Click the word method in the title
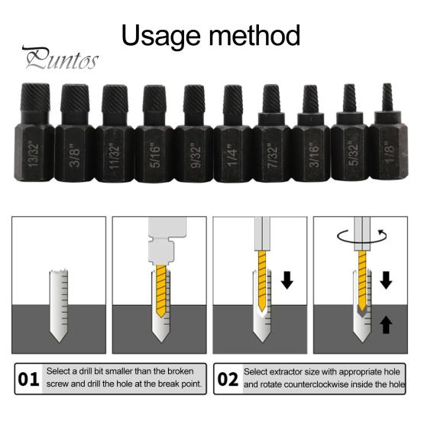(x=254, y=35)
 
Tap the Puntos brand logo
(x=60, y=58)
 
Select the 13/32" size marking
(x=34, y=154)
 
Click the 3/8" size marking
(x=74, y=157)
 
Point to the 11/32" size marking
(x=115, y=157)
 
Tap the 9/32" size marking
(x=195, y=157)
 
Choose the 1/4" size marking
(x=233, y=155)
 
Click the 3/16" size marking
(x=313, y=156)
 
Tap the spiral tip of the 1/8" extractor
(x=387, y=97)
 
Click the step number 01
(x=28, y=380)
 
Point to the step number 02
(x=228, y=380)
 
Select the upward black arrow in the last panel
(x=386, y=324)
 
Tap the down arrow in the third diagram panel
(x=287, y=280)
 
